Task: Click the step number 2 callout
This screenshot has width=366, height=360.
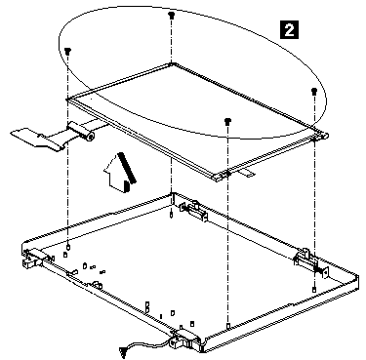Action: (x=289, y=30)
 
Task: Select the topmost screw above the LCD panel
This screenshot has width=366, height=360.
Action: (x=171, y=15)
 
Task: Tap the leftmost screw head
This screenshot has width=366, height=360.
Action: (x=67, y=51)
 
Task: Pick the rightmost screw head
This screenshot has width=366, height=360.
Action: (x=313, y=91)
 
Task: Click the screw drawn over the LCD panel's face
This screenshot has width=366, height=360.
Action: (x=227, y=121)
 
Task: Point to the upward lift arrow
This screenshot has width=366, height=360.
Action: (x=120, y=173)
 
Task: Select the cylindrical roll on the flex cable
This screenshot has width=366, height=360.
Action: (x=81, y=131)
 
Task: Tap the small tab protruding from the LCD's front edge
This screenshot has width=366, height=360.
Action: (x=246, y=173)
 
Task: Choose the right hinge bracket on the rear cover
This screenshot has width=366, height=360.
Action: (x=309, y=262)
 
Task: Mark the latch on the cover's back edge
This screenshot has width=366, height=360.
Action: (x=193, y=211)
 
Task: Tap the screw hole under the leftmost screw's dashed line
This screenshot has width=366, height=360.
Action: (x=68, y=247)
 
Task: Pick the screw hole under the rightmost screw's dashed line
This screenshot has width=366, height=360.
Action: (x=314, y=289)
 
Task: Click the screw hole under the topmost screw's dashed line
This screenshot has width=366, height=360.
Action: (x=172, y=215)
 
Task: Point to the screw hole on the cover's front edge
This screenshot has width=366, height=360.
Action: (x=228, y=325)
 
